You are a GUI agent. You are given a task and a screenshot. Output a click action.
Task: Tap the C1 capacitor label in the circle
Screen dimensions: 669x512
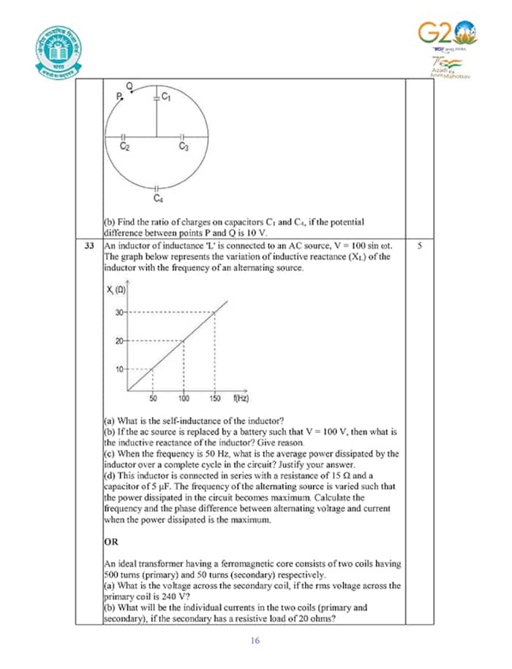pyautogui.click(x=165, y=97)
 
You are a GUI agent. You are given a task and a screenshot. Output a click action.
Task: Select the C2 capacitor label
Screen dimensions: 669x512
pyautogui.click(x=125, y=147)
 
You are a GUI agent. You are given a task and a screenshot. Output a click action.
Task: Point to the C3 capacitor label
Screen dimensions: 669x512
pyautogui.click(x=184, y=147)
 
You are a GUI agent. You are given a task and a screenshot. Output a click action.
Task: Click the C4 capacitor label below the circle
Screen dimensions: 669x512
pyautogui.click(x=158, y=198)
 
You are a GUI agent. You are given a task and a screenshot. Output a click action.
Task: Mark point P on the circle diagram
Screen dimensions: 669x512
pyautogui.click(x=118, y=97)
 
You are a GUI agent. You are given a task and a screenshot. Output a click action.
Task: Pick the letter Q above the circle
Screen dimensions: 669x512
pyautogui.click(x=129, y=86)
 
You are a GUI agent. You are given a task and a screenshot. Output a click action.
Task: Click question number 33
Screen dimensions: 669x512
pyautogui.click(x=91, y=246)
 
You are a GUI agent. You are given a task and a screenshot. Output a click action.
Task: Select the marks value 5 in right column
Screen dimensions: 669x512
pyautogui.click(x=419, y=246)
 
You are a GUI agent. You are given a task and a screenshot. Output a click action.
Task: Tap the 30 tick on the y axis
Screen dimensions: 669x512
pyautogui.click(x=119, y=312)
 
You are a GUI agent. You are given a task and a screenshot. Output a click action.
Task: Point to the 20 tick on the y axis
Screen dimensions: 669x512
pyautogui.click(x=119, y=341)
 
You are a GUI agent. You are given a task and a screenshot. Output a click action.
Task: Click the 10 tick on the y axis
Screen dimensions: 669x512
pyautogui.click(x=119, y=369)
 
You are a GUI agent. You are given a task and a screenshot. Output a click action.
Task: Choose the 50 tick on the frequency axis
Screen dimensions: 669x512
pyautogui.click(x=154, y=398)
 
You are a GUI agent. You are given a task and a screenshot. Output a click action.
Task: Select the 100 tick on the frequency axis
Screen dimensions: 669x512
pyautogui.click(x=183, y=398)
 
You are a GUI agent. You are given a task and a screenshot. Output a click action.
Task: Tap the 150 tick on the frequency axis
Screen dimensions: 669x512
pyautogui.click(x=214, y=398)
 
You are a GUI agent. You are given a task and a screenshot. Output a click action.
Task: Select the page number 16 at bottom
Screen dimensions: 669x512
pyautogui.click(x=255, y=641)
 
